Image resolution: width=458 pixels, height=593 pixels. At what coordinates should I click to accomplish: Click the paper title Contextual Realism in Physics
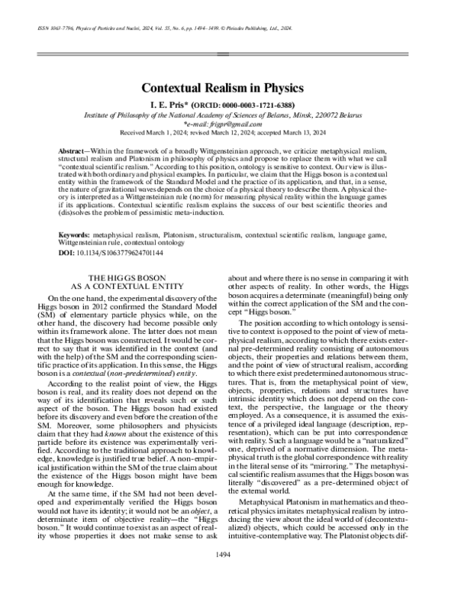(228, 88)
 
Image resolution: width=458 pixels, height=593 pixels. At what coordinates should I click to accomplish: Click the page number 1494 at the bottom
(229, 575)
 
